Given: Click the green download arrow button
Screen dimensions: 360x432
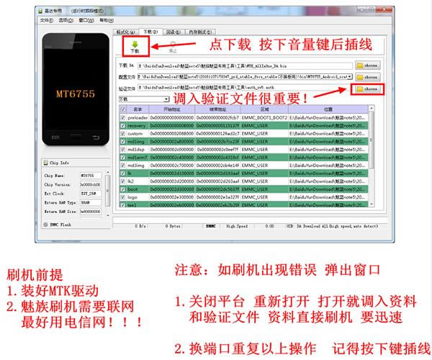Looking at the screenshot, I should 135,46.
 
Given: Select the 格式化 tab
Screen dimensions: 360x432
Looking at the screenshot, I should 125,32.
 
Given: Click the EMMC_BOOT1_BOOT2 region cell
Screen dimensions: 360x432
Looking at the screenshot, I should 264,117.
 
